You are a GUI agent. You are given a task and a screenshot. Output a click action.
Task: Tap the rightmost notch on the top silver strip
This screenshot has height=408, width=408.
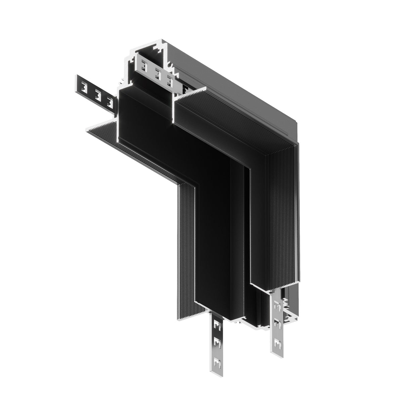(x=170, y=80)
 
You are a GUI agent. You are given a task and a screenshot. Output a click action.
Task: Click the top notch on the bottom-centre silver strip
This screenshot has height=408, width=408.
(x=217, y=325)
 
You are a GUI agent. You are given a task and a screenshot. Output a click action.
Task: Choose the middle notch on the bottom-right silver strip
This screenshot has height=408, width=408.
(x=277, y=323)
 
